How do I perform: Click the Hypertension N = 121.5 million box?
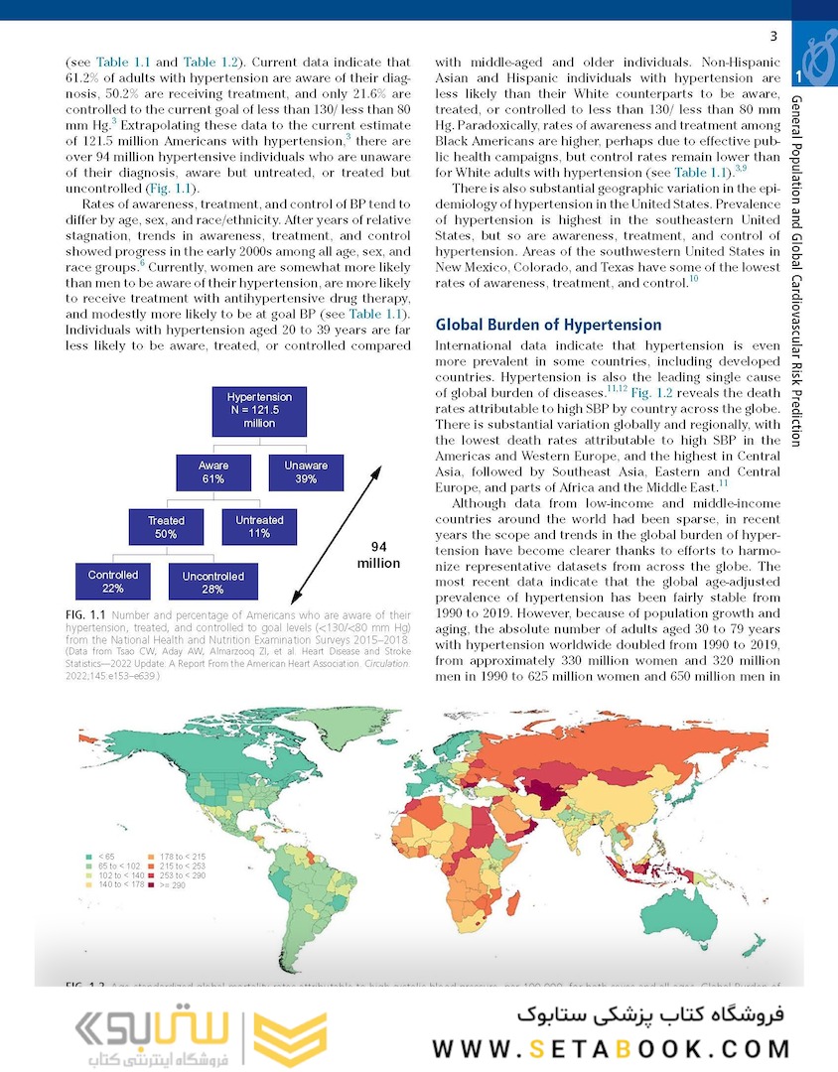[x=259, y=410]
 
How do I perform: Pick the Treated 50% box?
[x=166, y=527]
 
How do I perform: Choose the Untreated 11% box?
[x=259, y=526]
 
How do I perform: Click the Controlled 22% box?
[x=113, y=582]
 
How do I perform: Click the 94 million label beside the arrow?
[x=378, y=555]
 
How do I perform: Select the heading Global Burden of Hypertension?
[x=548, y=325]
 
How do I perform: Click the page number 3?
[x=772, y=38]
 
